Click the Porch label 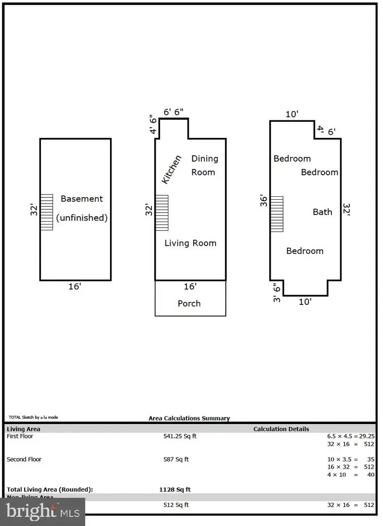[189, 303]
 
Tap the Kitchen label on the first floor [171, 169]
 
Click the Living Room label [190, 243]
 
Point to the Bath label [322, 212]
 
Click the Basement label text [82, 199]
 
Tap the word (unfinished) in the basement [82, 218]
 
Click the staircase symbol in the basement [46, 212]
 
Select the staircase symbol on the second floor [276, 214]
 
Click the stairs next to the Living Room [162, 213]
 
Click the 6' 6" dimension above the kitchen [173, 112]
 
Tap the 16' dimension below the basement [74, 287]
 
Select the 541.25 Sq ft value [180, 436]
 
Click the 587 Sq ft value [176, 459]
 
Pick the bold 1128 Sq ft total [176, 489]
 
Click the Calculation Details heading [281, 429]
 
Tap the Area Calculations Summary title [189, 418]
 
